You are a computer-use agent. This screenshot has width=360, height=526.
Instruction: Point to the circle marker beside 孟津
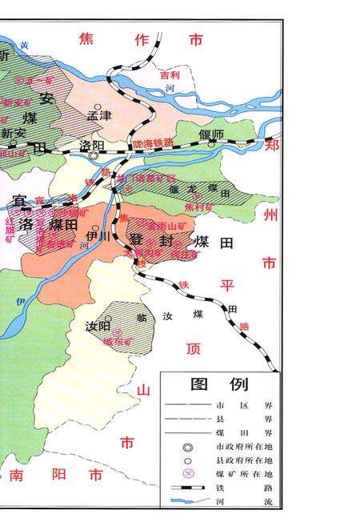[98, 106]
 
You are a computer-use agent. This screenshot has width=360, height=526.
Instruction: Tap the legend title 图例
[220, 384]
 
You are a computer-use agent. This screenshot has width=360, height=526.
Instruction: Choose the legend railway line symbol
[189, 487]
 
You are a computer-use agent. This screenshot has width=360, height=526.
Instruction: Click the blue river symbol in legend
[189, 501]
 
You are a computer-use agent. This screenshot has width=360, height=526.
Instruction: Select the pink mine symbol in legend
[189, 473]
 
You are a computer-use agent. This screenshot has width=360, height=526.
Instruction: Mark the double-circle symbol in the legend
[189, 447]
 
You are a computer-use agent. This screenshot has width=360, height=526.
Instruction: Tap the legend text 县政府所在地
[244, 460]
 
